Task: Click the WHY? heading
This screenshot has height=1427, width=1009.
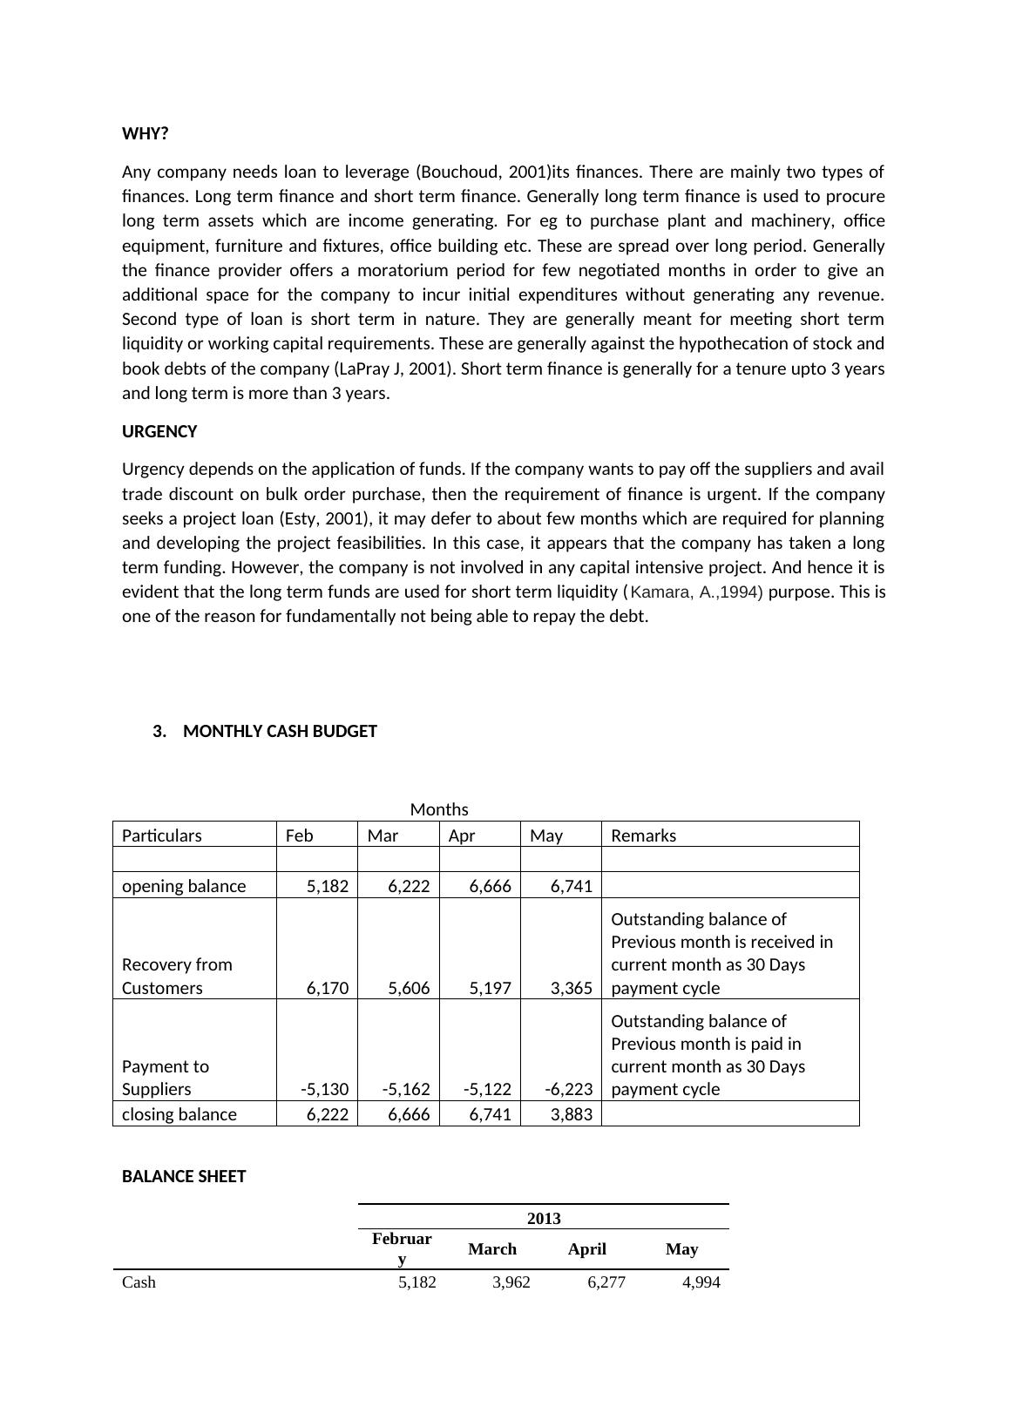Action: pyautogui.click(x=145, y=134)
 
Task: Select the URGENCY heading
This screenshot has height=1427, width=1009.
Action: pyautogui.click(x=159, y=432)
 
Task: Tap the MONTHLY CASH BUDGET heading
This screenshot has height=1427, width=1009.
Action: pyautogui.click(x=280, y=732)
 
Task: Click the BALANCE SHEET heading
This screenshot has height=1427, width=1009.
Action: pyautogui.click(x=184, y=1177)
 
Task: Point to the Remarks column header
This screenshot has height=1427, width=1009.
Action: pyautogui.click(x=643, y=836)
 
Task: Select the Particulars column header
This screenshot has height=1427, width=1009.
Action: pyautogui.click(x=161, y=836)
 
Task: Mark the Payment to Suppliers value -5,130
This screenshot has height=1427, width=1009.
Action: pyautogui.click(x=324, y=1090)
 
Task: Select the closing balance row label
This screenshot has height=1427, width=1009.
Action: pyautogui.click(x=179, y=1115)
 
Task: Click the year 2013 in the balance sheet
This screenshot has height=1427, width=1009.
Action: pyautogui.click(x=544, y=1219)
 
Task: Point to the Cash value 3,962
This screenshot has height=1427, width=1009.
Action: pyautogui.click(x=511, y=1283)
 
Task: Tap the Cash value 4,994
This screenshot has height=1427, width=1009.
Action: pyautogui.click(x=701, y=1283)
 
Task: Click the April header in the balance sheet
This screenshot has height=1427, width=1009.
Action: pyautogui.click(x=586, y=1250)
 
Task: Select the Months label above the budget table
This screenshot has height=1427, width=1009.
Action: pyautogui.click(x=439, y=810)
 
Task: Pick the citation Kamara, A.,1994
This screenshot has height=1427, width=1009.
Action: pyautogui.click(x=695, y=593)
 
